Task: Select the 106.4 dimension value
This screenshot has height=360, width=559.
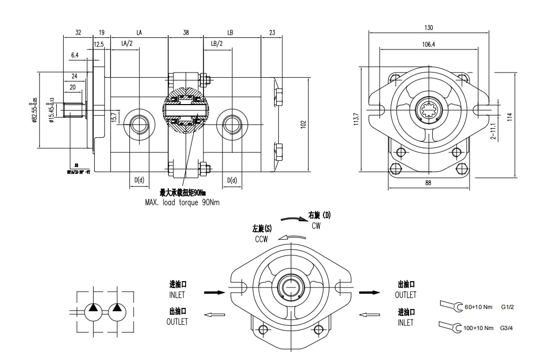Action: (429, 45)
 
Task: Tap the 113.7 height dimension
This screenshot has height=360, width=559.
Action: (356, 119)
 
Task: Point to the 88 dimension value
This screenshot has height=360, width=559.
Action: (429, 183)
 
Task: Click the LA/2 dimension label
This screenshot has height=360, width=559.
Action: (127, 44)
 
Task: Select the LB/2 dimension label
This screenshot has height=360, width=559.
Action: (217, 44)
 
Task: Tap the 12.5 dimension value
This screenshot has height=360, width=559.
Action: (99, 45)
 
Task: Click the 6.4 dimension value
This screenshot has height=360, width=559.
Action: (74, 55)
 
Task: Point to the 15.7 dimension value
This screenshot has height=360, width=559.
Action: (114, 117)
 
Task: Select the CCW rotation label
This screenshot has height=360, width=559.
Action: (261, 239)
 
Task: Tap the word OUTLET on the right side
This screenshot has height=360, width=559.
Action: (405, 295)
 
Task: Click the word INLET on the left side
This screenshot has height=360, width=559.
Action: (177, 295)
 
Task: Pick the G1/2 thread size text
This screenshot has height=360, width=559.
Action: (507, 306)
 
